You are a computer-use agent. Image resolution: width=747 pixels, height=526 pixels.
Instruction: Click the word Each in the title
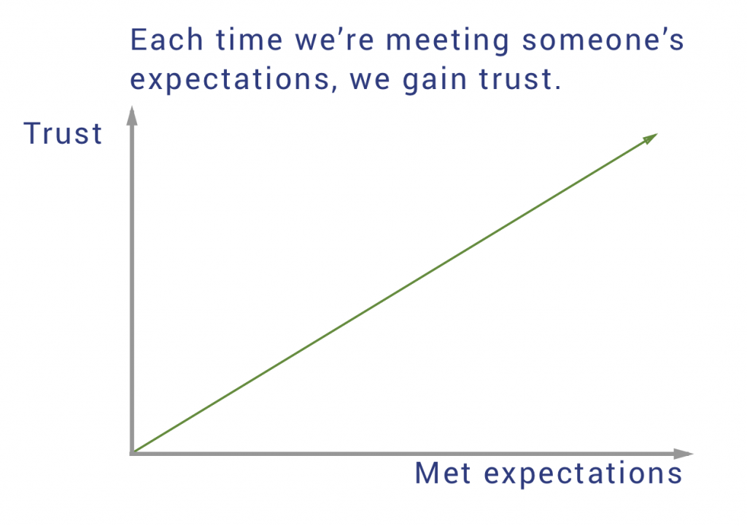coord(167,39)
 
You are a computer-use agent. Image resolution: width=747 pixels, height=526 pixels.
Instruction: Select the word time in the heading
coord(249,39)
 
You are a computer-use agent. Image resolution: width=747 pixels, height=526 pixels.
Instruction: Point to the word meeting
coord(447,41)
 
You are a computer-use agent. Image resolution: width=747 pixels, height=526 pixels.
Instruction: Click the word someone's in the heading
coord(603,39)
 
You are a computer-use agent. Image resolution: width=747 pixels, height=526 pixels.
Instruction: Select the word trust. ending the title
coord(520,79)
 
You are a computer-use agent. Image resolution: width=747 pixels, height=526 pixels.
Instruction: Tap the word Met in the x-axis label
coord(443,473)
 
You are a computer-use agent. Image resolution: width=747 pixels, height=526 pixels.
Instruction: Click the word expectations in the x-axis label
coord(583,475)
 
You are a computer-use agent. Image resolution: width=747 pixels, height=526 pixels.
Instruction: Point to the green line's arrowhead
coord(651,138)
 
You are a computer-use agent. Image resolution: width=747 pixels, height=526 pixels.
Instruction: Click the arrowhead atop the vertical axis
coord(132,116)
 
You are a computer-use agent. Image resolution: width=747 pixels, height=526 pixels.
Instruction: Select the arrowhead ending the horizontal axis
coord(683,454)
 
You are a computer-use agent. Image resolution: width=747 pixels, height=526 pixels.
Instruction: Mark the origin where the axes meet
coord(132,453)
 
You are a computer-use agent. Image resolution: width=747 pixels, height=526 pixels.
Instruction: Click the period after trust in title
coord(558,88)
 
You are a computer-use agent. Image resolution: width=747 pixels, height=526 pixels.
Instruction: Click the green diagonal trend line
coord(395,293)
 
